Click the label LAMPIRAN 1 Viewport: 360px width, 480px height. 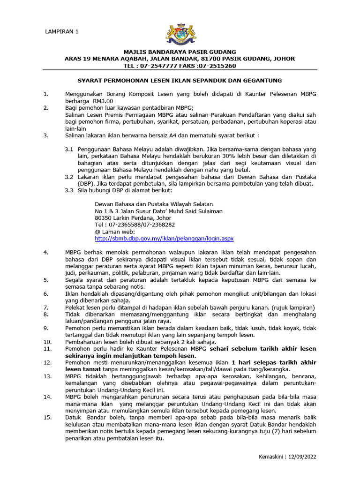62,32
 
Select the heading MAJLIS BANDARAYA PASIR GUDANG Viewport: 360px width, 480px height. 180,52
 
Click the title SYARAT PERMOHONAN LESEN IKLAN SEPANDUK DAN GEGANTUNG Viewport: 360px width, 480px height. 180,81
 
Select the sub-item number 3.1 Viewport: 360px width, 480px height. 69,149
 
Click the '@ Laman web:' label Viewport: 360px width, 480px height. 115,232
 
